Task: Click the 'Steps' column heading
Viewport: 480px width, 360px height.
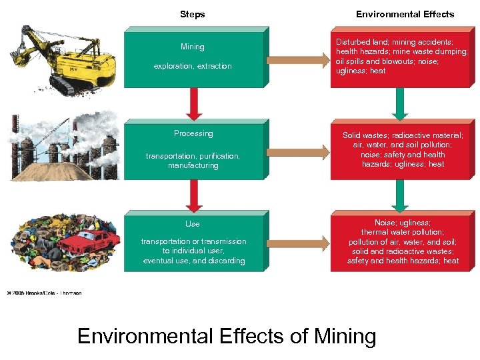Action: tap(193, 14)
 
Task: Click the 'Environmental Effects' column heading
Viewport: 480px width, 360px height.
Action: tap(405, 14)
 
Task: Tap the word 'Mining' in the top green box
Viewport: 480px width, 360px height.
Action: tap(193, 47)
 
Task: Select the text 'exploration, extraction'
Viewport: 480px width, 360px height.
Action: tap(193, 66)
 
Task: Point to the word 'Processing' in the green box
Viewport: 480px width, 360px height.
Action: tap(193, 133)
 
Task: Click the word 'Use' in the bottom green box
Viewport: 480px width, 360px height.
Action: tap(193, 224)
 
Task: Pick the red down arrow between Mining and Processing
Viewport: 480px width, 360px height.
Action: tap(194, 103)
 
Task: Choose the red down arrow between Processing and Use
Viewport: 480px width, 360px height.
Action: tap(194, 195)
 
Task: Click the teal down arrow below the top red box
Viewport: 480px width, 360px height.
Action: tap(400, 103)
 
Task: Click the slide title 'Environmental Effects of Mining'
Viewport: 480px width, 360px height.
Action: tap(227, 335)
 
